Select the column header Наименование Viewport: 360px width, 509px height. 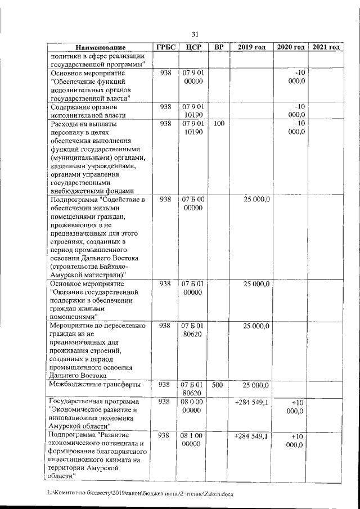point(100,47)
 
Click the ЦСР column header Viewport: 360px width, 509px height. point(193,47)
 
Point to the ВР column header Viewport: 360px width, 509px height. point(219,47)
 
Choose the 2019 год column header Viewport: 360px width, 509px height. point(251,47)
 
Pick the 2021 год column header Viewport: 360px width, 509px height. point(326,47)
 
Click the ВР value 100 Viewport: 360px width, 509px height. point(219,123)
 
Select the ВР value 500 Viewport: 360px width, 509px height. point(219,385)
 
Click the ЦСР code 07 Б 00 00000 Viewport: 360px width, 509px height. point(193,204)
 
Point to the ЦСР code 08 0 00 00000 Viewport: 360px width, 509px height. point(193,407)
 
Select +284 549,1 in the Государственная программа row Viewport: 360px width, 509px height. point(251,402)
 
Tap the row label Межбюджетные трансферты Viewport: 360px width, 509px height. point(94,385)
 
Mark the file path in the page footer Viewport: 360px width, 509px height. point(140,493)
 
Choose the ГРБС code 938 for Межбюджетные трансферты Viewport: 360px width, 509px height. point(165,385)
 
